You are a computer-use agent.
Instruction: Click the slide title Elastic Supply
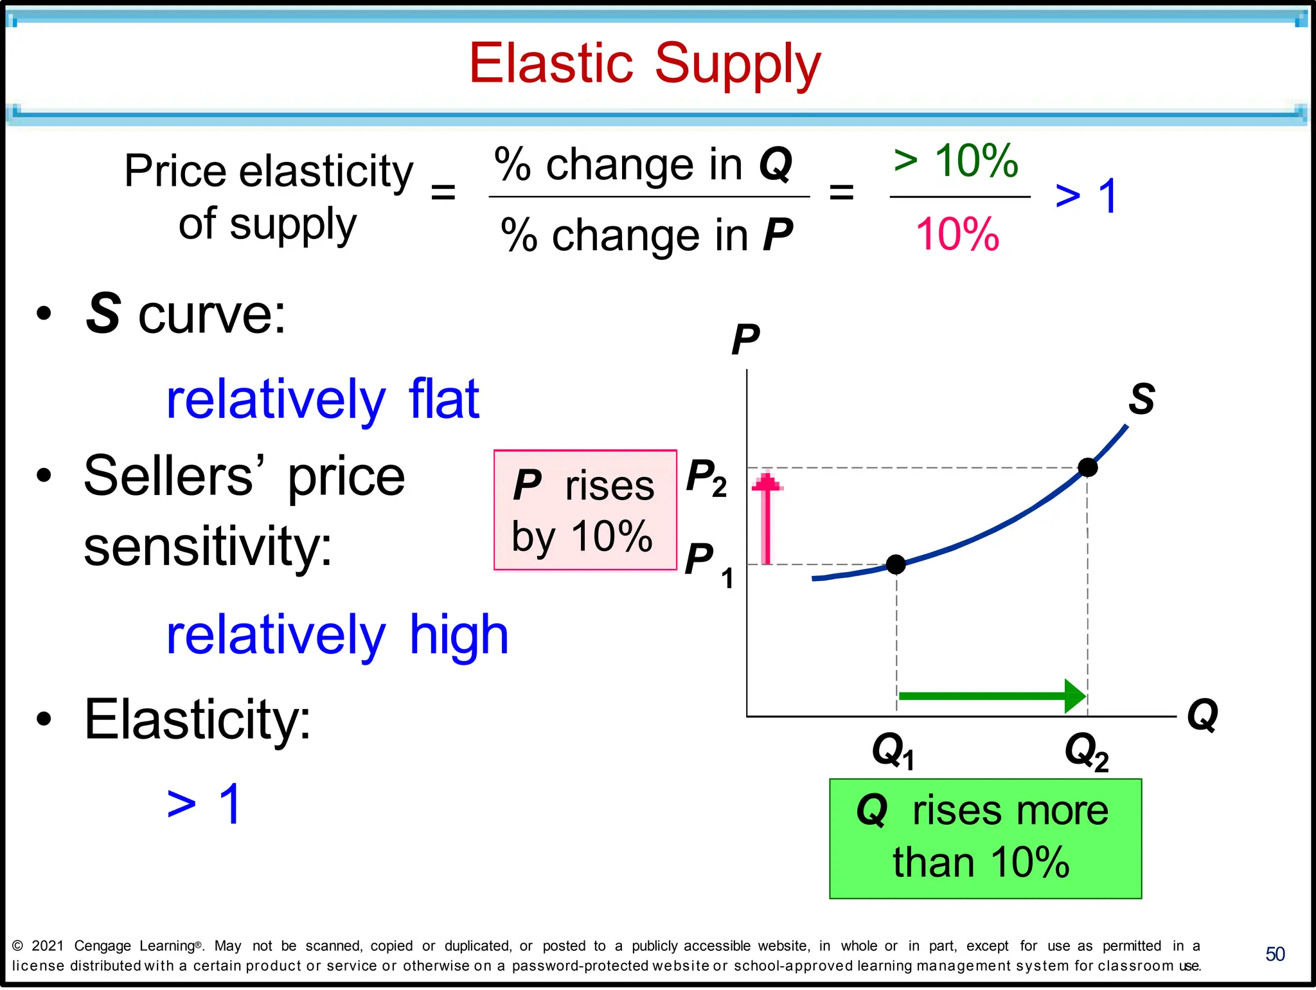pos(645,64)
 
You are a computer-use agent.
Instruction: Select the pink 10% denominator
pos(957,235)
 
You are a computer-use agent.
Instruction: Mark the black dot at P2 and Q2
pos(1087,467)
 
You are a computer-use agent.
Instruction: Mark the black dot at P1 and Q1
pos(896,564)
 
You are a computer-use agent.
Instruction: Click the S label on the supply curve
pos(1141,399)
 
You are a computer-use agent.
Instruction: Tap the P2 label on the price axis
pos(706,478)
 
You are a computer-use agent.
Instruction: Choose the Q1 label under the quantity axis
pos(893,751)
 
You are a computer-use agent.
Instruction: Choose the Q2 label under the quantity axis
pos(1086,751)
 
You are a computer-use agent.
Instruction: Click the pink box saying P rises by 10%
pos(585,510)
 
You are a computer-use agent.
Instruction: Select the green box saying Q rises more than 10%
pos(985,838)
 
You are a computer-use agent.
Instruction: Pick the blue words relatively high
pos(337,634)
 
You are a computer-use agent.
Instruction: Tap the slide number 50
pos(1275,954)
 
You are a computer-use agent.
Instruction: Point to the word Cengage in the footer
pos(102,946)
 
